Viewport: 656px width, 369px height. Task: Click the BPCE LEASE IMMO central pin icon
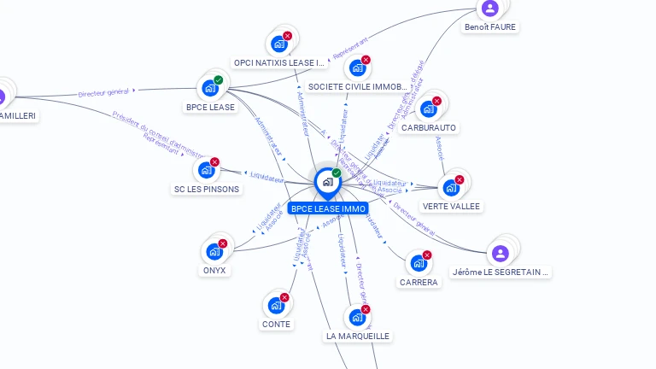327,182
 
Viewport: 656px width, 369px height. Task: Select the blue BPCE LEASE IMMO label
328,208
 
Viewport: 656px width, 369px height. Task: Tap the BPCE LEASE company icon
210,88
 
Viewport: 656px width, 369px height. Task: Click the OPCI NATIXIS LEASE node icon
278,44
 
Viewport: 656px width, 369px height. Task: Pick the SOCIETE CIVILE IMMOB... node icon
357,67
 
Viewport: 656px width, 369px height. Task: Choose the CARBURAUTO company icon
428,108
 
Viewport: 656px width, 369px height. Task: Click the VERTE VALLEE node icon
451,187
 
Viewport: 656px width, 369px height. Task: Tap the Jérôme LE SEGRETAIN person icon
500,253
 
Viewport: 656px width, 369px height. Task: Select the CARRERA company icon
418,263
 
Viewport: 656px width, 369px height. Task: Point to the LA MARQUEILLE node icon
357,317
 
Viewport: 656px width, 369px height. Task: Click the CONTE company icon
276,305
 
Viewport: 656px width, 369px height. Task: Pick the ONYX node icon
214,252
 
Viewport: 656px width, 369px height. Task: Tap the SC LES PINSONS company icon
206,170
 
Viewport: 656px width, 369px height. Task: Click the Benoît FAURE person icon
489,9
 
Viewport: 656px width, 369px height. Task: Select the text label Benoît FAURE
490,27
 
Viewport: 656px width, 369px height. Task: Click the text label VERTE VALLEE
451,207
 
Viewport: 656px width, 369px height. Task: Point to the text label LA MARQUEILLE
357,337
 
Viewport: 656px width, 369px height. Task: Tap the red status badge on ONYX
223,243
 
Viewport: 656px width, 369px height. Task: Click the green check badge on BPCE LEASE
219,80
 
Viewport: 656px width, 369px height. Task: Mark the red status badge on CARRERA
427,255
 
